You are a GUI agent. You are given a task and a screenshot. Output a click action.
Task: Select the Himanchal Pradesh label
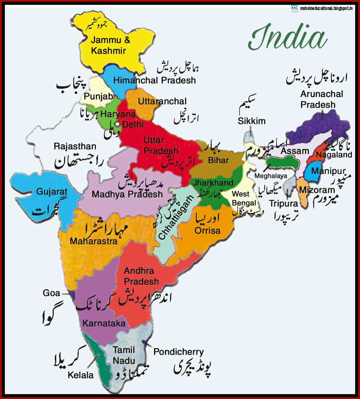pyautogui.click(x=155, y=80)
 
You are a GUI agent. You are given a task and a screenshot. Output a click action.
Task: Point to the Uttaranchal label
pyautogui.click(x=162, y=102)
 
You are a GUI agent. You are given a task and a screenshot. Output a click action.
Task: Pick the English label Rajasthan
pyautogui.click(x=75, y=146)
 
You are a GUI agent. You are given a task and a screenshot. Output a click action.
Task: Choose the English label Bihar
pyautogui.click(x=219, y=160)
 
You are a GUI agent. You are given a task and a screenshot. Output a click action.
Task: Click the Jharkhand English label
pyautogui.click(x=213, y=182)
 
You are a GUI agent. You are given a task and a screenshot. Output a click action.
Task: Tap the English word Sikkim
pyautogui.click(x=251, y=121)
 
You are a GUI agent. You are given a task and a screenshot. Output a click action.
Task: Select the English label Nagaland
pyautogui.click(x=337, y=155)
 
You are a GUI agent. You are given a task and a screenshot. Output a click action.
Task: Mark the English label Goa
pyautogui.click(x=51, y=293)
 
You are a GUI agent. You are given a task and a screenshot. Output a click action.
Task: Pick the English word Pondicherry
pyautogui.click(x=179, y=352)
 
